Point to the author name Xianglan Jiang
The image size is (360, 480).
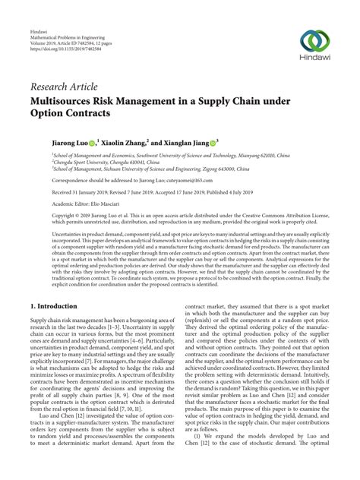pyautogui.click(x=207, y=141)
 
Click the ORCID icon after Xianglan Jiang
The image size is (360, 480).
pyautogui.click(x=237, y=141)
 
